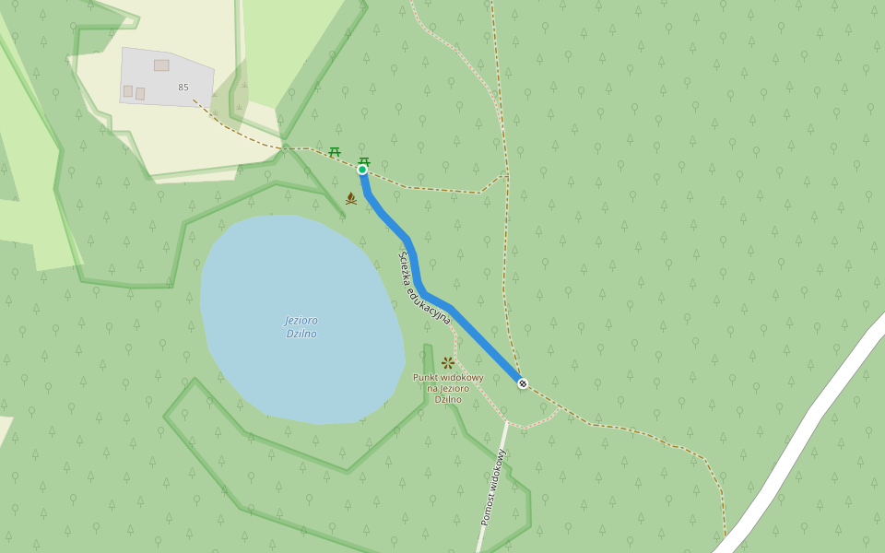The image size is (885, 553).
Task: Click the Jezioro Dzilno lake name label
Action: [x=301, y=326]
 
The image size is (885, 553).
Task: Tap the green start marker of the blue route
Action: [x=362, y=170]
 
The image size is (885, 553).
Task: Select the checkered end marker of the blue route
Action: [x=523, y=383]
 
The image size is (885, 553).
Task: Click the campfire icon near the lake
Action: [x=351, y=198]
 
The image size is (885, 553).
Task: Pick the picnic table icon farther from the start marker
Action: [x=335, y=151]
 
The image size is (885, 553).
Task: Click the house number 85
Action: [x=183, y=88]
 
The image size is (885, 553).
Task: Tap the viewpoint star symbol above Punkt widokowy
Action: [x=448, y=362]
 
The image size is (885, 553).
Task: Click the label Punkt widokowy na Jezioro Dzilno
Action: [x=448, y=388]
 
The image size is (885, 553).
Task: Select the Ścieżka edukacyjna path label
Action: [x=424, y=288]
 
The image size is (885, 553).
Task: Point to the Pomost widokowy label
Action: [x=493, y=488]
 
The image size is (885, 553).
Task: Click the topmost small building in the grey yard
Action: [x=161, y=65]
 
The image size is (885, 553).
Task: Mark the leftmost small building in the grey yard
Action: [x=128, y=91]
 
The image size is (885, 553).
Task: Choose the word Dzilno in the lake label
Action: [x=301, y=334]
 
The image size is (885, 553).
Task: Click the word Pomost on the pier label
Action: [x=488, y=508]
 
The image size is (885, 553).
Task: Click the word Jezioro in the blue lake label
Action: [x=301, y=320]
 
